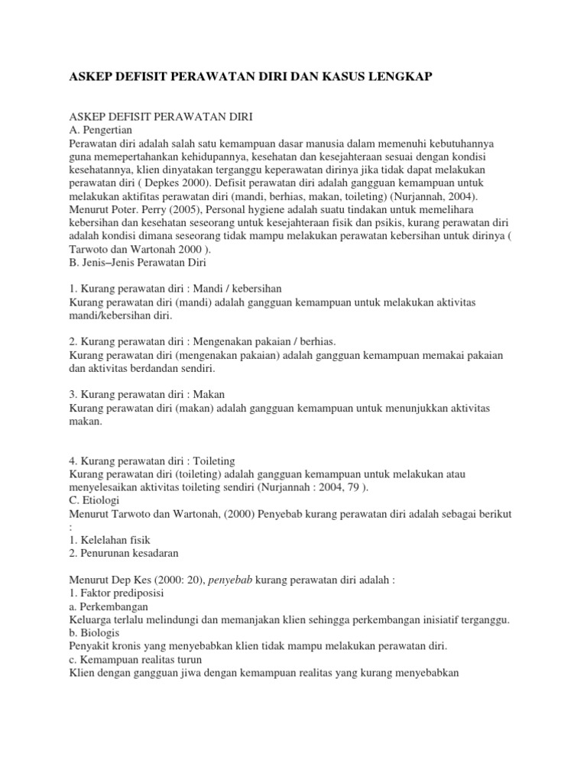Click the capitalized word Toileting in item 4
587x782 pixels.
pyautogui.click(x=216, y=461)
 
